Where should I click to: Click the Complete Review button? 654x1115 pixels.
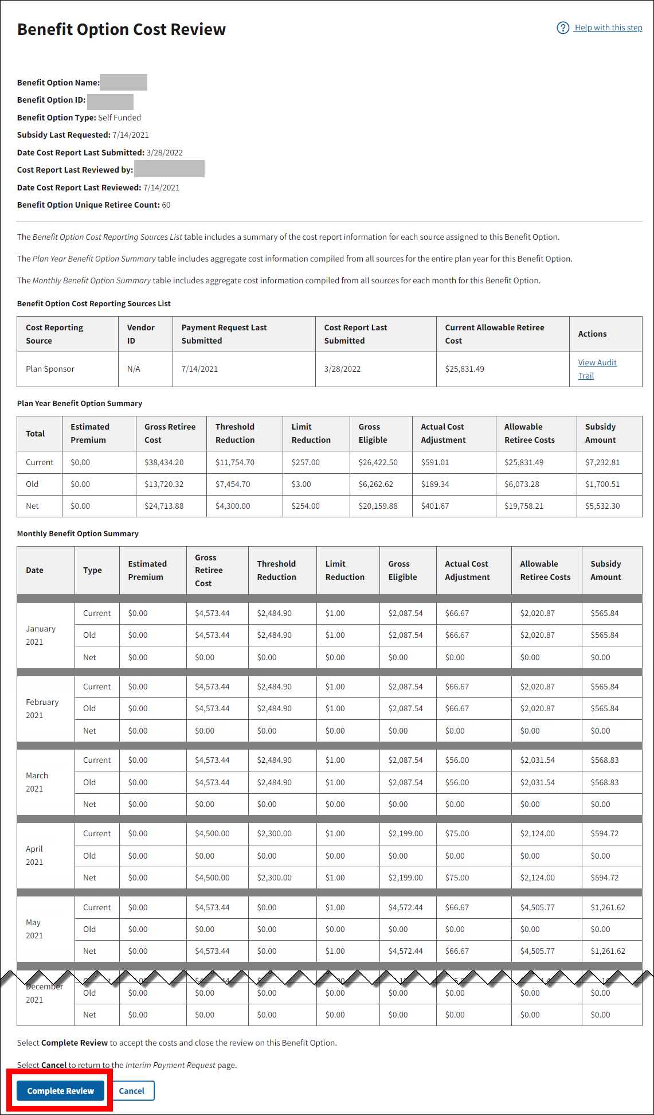(x=60, y=1090)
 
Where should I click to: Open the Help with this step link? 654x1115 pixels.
(x=608, y=28)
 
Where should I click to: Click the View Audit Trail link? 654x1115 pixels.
(x=597, y=369)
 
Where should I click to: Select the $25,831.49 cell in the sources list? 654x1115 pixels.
(x=464, y=369)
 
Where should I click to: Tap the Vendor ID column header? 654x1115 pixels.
(x=140, y=334)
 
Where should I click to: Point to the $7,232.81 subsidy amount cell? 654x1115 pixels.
(x=602, y=462)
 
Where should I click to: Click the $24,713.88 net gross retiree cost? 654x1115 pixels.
(x=164, y=506)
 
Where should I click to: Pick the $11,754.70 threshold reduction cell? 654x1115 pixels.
(x=234, y=462)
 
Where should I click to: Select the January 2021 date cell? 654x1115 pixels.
(x=41, y=635)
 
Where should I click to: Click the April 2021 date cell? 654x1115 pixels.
(x=34, y=855)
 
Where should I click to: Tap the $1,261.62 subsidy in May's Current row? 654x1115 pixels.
(x=608, y=907)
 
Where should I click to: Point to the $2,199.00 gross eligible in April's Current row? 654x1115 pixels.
(x=405, y=833)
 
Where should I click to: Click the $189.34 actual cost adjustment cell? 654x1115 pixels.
(x=434, y=484)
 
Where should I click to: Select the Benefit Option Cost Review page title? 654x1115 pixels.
(x=122, y=29)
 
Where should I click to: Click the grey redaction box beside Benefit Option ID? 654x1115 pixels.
(x=110, y=102)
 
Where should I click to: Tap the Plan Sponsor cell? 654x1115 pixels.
(x=50, y=369)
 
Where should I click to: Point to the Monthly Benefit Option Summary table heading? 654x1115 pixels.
(x=78, y=533)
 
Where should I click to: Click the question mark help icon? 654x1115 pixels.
(x=563, y=28)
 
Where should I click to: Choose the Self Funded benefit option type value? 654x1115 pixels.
(x=119, y=118)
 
